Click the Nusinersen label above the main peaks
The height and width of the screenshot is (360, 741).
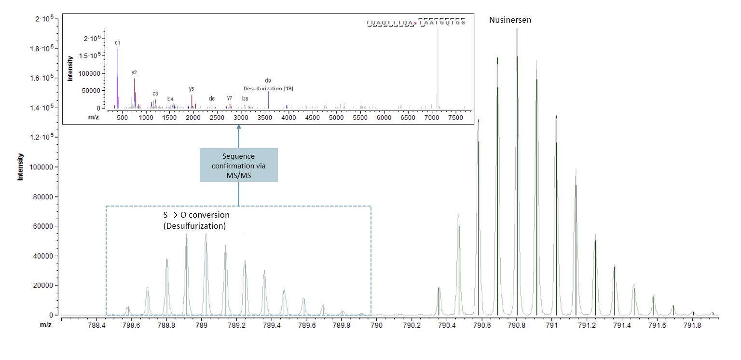click(x=510, y=20)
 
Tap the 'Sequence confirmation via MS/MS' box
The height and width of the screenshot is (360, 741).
click(x=239, y=165)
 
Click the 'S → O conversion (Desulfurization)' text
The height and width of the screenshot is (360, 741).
click(x=196, y=220)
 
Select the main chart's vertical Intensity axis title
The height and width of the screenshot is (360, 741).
click(x=21, y=167)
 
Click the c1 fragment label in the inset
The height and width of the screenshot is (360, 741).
click(x=117, y=43)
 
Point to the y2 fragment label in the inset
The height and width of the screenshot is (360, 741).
click(x=134, y=72)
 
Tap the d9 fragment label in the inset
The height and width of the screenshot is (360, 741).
click(x=268, y=81)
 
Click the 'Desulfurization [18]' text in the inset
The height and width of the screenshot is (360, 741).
click(x=268, y=88)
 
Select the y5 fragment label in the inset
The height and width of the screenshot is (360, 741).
click(x=192, y=89)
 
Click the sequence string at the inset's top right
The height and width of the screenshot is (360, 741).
click(x=415, y=23)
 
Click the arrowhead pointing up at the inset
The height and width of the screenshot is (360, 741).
click(x=239, y=127)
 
